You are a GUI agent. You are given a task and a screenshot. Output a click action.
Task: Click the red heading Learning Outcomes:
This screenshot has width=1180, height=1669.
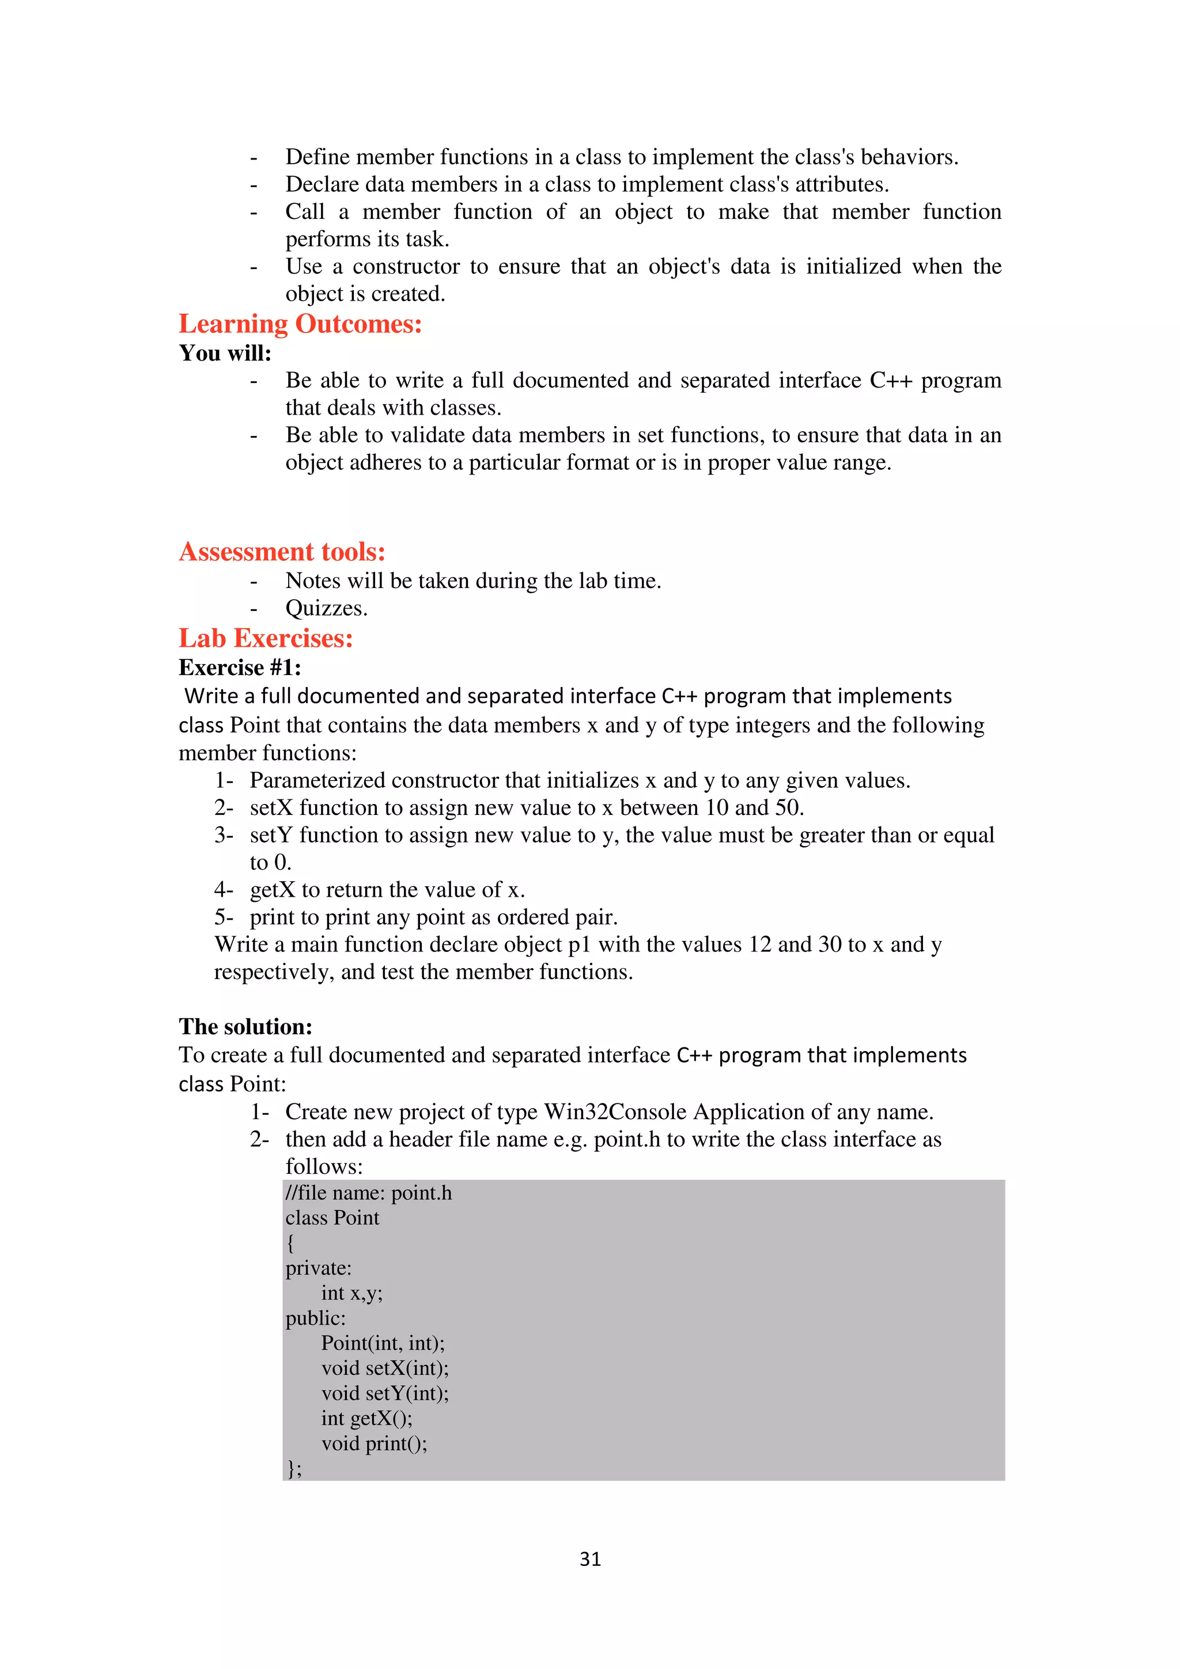pos(300,324)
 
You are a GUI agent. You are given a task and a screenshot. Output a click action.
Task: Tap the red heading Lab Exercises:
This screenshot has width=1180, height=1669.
pos(266,638)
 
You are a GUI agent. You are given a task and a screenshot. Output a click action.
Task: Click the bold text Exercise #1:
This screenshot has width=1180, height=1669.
pos(240,667)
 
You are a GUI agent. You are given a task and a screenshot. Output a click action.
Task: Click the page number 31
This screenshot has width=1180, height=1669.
pos(589,1558)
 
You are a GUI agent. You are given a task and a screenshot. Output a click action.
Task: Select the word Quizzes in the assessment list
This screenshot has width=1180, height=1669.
pos(324,608)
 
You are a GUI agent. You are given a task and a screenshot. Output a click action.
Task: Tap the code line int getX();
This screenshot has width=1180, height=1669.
pos(366,1418)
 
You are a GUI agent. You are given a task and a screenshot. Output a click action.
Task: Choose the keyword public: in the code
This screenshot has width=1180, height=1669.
pos(315,1318)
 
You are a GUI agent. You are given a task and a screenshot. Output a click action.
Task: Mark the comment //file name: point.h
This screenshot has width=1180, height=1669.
pos(368,1193)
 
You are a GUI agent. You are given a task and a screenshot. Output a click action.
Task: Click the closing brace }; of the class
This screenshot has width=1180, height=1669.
pos(294,1469)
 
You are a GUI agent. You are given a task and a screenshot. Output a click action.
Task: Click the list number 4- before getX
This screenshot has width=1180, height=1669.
pos(223,890)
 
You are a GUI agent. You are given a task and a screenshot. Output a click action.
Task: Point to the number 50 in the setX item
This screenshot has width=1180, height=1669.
pos(786,807)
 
